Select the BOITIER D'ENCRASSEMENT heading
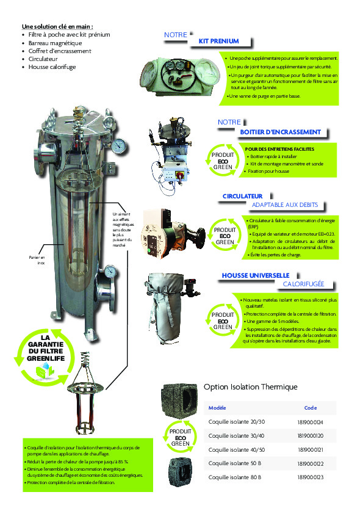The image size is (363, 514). [x=280, y=132]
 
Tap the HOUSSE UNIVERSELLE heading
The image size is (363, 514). [x=255, y=275]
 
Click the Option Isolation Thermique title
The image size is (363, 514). [x=250, y=387]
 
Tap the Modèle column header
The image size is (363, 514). [x=217, y=408]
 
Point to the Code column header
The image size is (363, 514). [x=310, y=408]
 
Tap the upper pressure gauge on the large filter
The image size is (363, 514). [x=119, y=145]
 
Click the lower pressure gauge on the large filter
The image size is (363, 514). [x=110, y=270]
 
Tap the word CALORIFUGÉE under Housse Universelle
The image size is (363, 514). [x=303, y=284]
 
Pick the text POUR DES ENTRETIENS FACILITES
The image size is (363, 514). [x=279, y=149]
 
